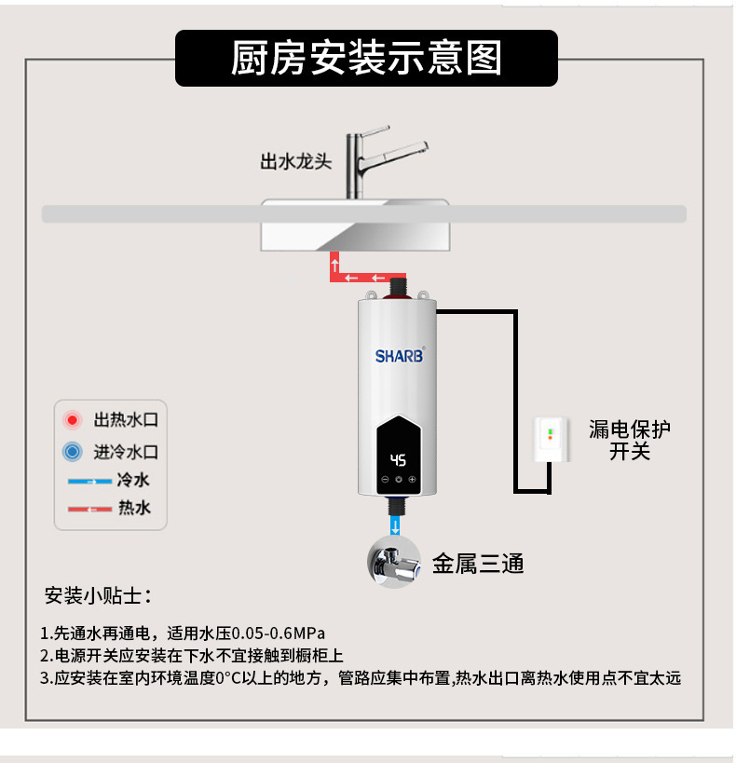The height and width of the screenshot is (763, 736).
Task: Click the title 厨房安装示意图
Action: tap(366, 58)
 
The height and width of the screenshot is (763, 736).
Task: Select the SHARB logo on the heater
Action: tap(399, 355)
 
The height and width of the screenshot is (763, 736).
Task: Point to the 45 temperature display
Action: tap(398, 459)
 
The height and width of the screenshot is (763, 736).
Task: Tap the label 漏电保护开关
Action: tap(630, 440)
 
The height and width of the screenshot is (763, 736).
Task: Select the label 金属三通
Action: tap(478, 564)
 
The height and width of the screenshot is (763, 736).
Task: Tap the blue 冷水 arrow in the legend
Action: tap(89, 482)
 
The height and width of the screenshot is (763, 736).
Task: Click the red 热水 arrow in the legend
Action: tap(89, 509)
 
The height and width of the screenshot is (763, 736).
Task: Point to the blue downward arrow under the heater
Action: tap(398, 527)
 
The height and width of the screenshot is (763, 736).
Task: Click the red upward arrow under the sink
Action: tap(334, 266)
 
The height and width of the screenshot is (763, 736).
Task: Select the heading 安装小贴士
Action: tap(97, 595)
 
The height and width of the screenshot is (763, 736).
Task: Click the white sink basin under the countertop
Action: tap(354, 233)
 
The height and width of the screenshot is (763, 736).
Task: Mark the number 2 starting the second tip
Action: tap(45, 655)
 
